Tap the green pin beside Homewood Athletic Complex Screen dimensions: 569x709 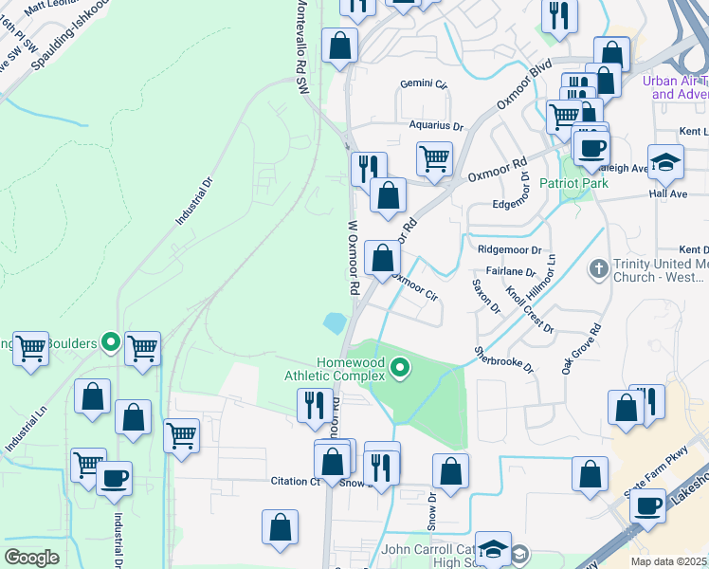click(401, 366)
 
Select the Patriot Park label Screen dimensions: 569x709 click(573, 183)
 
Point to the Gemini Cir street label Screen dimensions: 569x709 click(423, 84)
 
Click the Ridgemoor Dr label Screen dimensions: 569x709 click(509, 250)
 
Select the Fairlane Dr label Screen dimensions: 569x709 click(512, 272)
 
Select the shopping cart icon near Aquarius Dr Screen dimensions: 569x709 click(434, 158)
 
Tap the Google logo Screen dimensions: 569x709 click(31, 557)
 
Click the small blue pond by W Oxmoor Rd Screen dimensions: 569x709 click(335, 323)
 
